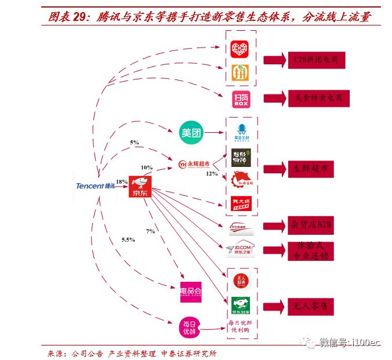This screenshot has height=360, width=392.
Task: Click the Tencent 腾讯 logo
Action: (96, 186)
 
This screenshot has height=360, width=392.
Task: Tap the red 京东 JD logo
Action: (140, 187)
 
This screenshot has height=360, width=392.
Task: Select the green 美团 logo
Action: (191, 133)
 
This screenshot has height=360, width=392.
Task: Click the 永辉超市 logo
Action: (194, 165)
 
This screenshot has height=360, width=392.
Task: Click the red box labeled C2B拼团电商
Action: (316, 60)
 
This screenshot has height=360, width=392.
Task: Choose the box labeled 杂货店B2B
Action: (312, 225)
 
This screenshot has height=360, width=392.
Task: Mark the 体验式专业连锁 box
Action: (312, 250)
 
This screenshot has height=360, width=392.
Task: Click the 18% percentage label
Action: (121, 182)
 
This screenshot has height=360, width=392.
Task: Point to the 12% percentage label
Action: (211, 173)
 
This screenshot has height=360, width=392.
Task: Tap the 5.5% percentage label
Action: (128, 239)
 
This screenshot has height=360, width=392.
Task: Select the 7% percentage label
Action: (150, 231)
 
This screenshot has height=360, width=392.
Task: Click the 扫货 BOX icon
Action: (241, 99)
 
